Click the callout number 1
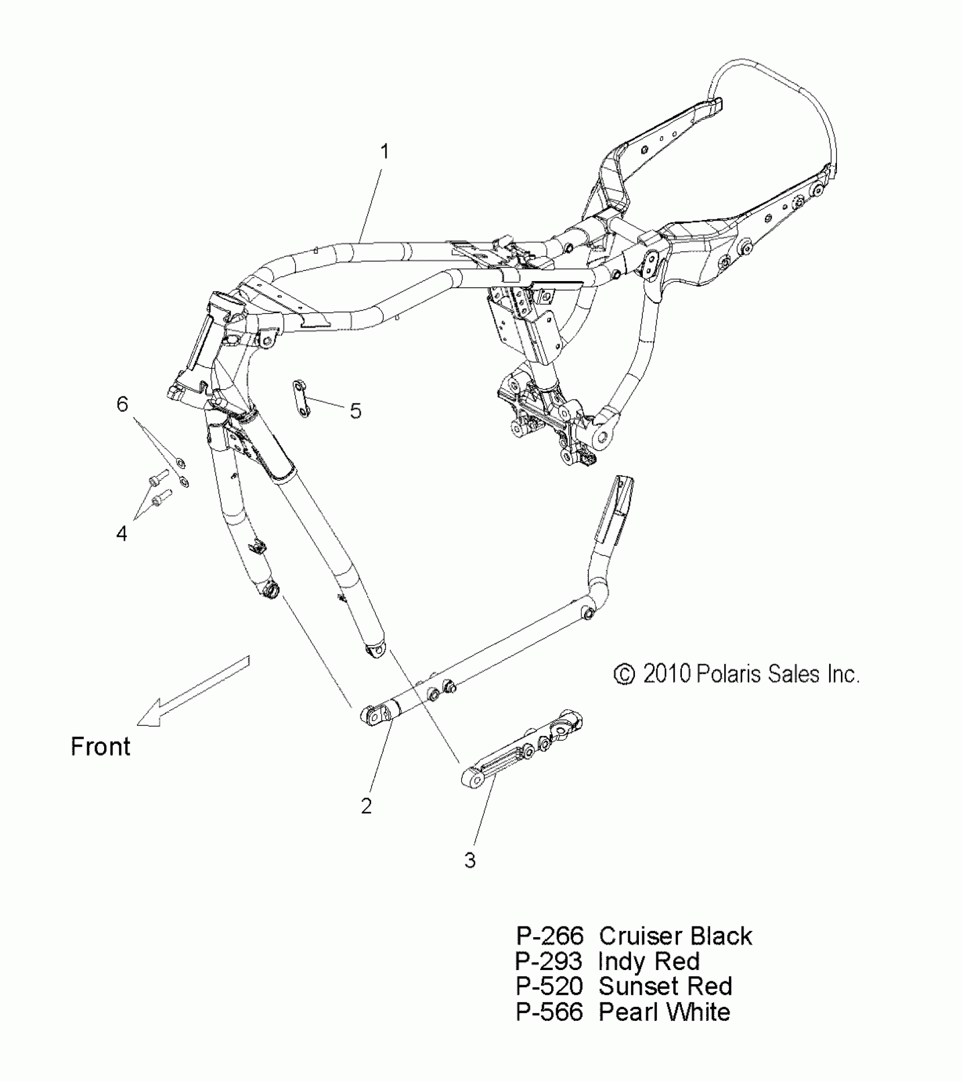(384, 152)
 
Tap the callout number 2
(367, 805)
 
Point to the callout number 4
(122, 533)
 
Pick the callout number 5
(355, 411)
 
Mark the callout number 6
(122, 404)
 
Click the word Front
(100, 747)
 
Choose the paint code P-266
(549, 936)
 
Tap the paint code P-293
(549, 962)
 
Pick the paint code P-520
(549, 986)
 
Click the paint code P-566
(549, 1012)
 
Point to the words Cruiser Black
(675, 936)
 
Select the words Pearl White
(664, 1012)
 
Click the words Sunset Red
(665, 986)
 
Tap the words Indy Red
(649, 962)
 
